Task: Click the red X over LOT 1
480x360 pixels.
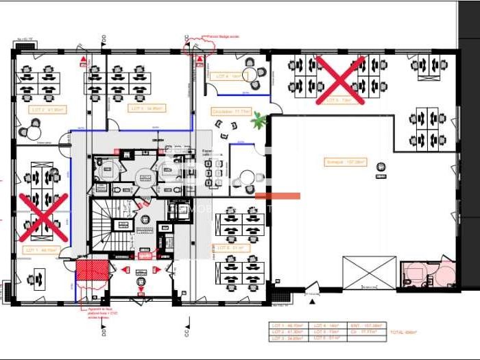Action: click(x=43, y=217)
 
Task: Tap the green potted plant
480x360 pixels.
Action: click(x=259, y=120)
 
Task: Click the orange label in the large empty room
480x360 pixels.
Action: click(x=347, y=163)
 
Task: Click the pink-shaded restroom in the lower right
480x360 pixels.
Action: click(x=427, y=274)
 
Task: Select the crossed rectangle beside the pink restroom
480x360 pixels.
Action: click(x=370, y=273)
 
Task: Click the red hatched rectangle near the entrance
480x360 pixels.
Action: click(x=91, y=269)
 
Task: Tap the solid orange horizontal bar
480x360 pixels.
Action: click(x=278, y=196)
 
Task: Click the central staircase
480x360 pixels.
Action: click(x=108, y=226)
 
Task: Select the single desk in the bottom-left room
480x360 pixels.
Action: click(x=34, y=278)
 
